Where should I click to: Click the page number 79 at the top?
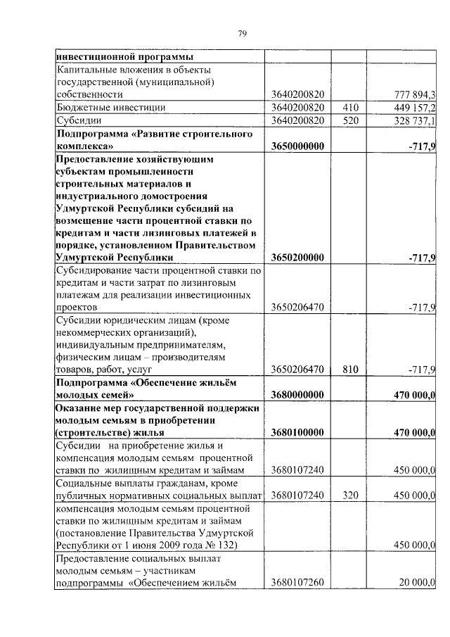pyautogui.click(x=242, y=34)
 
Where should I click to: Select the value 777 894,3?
pyautogui.click(x=412, y=95)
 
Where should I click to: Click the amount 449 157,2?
pyautogui.click(x=412, y=108)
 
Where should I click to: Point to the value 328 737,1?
pyautogui.click(x=412, y=121)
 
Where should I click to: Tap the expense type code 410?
pyautogui.click(x=350, y=108)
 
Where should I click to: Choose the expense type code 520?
pyautogui.click(x=350, y=121)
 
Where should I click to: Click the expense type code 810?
pyautogui.click(x=350, y=368)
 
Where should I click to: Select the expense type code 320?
pyautogui.click(x=350, y=496)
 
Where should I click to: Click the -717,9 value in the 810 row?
pyautogui.click(x=422, y=368)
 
